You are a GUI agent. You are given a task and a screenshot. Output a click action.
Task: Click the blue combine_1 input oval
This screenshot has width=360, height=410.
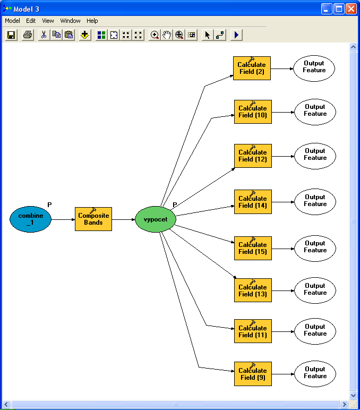pos(30,219)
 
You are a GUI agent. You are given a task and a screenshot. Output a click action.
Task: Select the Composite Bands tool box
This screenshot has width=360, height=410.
pos(93,219)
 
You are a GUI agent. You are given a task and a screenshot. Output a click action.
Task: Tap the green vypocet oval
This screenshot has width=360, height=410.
pos(156,219)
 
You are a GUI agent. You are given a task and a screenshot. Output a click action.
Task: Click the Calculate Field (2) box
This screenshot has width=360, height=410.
pos(252,69)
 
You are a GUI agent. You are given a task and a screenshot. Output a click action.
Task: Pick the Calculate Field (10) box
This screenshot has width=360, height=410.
pos(253,112)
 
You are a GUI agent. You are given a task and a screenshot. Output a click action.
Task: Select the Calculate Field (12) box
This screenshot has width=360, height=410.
pos(253,156)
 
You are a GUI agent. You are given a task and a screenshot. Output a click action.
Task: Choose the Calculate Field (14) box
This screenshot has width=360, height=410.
pos(253,202)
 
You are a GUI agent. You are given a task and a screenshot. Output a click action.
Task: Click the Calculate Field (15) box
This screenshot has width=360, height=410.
pos(253,249)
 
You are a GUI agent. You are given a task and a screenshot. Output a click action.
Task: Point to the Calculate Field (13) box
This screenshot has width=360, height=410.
pos(253,291)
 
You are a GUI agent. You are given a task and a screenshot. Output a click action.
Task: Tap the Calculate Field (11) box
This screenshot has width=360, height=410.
pos(253,331)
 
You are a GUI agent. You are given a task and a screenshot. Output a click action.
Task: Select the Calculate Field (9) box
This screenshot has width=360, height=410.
pos(253,374)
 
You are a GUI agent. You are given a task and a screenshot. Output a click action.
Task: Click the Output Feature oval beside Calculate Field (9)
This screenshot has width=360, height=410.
pos(315,374)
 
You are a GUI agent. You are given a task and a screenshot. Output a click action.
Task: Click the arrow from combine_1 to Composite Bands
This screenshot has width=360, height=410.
pos(63,219)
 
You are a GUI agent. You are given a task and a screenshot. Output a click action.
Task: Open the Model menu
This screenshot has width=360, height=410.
pos(12,21)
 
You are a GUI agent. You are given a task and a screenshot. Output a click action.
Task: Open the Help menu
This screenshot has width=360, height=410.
pos(92,21)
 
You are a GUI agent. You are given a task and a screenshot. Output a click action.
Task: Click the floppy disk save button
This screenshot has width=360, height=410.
pos(11,35)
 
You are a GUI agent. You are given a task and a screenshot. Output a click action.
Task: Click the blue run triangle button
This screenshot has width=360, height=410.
pos(236,35)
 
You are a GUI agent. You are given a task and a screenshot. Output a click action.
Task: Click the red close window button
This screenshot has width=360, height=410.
pos(351,9)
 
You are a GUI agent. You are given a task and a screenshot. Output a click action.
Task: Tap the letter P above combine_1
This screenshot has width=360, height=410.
pos(49,205)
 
